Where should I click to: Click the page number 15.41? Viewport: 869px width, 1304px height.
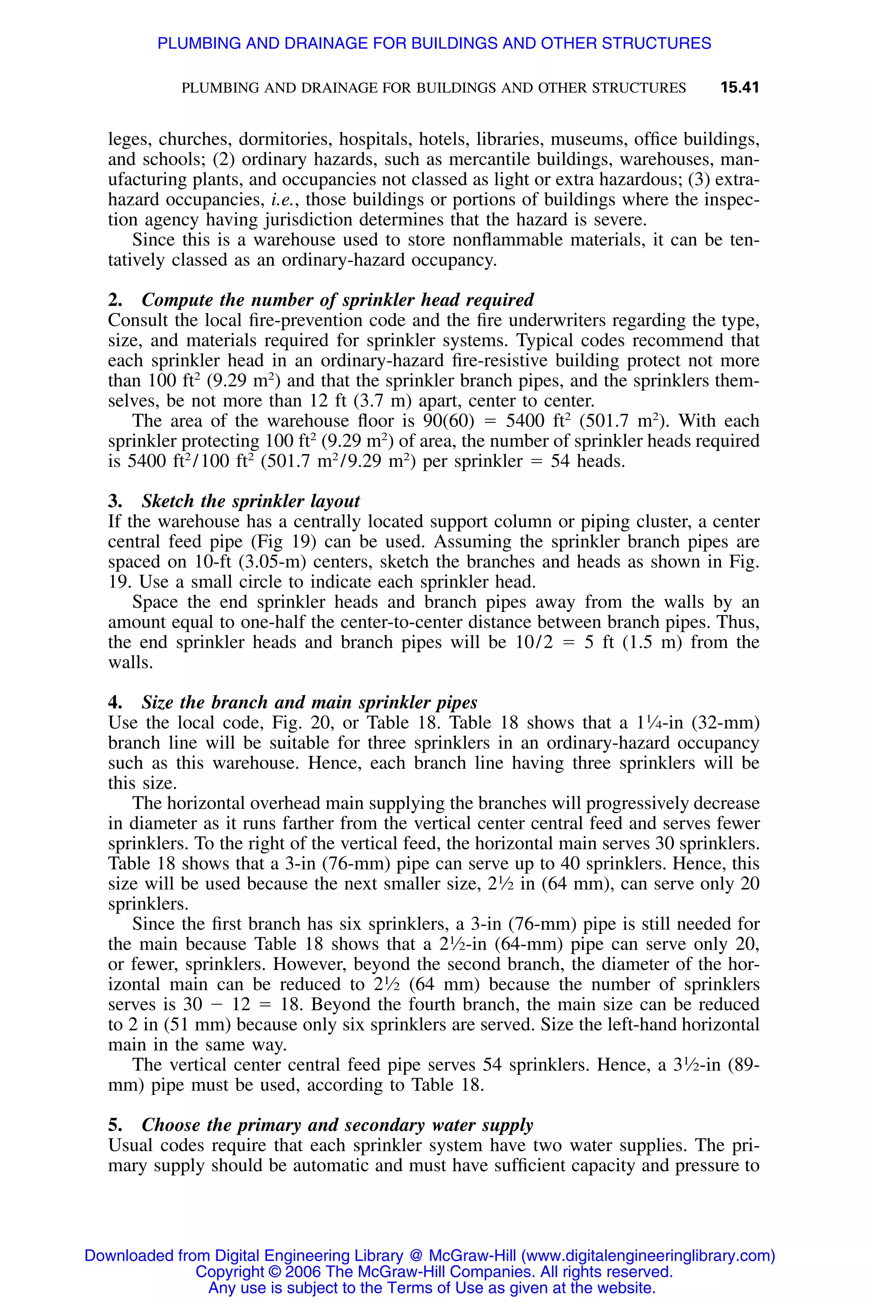click(x=739, y=87)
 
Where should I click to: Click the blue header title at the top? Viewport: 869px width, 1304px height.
click(x=434, y=43)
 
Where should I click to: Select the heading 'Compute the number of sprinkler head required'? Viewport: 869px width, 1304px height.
click(x=337, y=300)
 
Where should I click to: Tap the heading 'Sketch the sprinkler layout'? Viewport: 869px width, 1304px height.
click(x=250, y=501)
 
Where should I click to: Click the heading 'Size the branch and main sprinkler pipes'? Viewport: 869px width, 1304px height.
click(x=309, y=703)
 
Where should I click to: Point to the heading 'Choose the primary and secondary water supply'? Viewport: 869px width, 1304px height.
click(x=337, y=1125)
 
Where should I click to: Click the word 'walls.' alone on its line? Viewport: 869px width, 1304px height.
click(x=130, y=663)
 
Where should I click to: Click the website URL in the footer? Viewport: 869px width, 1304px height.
click(x=648, y=1256)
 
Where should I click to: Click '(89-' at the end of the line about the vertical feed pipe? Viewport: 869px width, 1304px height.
click(x=740, y=1065)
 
